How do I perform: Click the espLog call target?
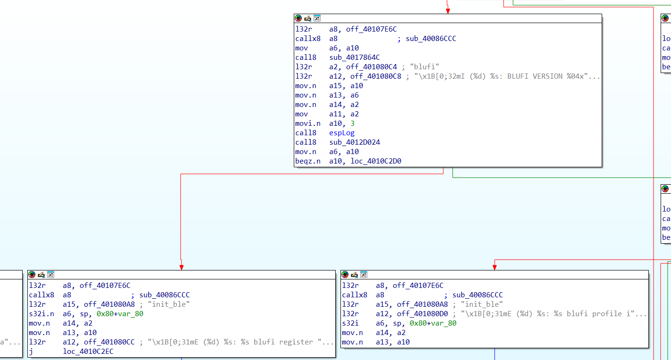[x=342, y=133]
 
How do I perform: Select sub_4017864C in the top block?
[x=355, y=57]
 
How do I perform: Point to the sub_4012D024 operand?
[x=355, y=142]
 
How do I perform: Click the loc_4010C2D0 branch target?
[x=376, y=161]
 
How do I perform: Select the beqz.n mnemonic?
[x=308, y=161]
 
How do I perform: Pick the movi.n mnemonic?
[x=308, y=123]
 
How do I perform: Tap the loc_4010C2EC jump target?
[x=88, y=352]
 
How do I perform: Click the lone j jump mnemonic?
[x=31, y=352]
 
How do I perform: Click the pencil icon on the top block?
[x=307, y=18]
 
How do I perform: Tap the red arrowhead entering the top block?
[x=447, y=11]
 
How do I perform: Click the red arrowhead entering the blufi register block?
[x=181, y=267]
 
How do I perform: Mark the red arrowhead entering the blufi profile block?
[x=494, y=267]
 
